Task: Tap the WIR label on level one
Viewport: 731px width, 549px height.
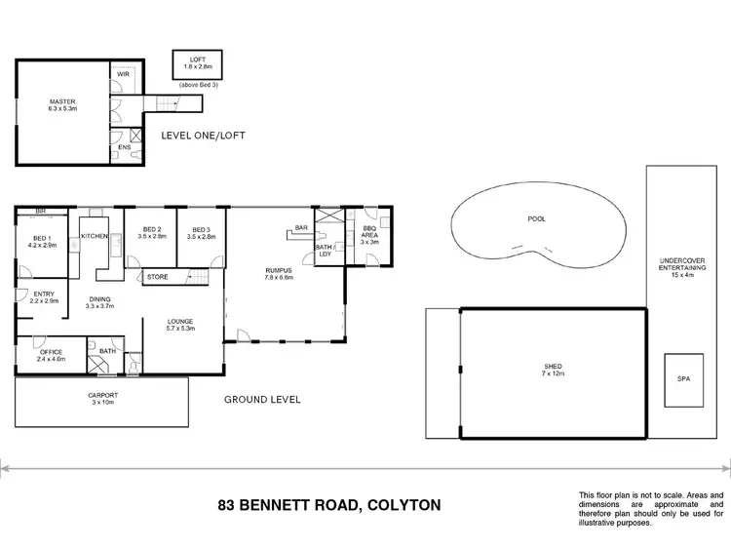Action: point(124,73)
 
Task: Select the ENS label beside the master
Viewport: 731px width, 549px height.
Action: point(123,147)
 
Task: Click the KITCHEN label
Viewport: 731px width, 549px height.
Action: point(95,237)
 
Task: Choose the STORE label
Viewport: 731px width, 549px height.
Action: point(157,278)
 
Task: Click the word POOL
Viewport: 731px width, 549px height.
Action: point(537,218)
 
